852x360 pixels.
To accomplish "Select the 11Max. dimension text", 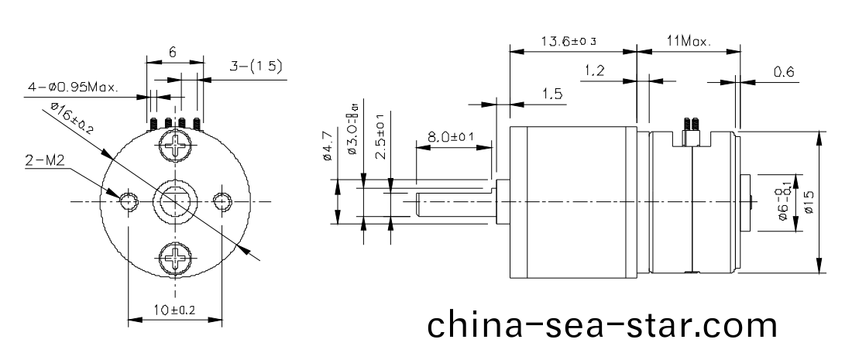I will click(x=688, y=41).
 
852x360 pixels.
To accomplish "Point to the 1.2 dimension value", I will click(x=594, y=71).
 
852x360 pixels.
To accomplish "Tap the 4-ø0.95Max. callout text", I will click(x=73, y=87).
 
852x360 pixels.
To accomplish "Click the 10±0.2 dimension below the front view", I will click(x=173, y=310).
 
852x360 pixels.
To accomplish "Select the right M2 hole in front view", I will click(x=222, y=201).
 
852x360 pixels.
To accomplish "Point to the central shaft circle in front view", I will click(x=173, y=201).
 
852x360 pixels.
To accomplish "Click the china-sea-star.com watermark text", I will click(x=601, y=324).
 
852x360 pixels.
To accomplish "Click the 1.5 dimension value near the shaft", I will click(x=551, y=94).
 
